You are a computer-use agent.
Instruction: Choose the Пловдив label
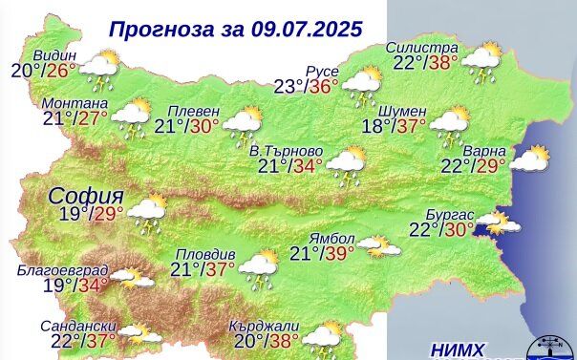[x=204, y=255]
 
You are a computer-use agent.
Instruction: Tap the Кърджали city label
[x=261, y=325]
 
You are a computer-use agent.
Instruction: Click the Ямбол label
[x=332, y=238]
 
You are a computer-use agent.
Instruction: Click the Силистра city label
[x=422, y=48]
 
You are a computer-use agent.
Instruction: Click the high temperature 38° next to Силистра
[x=443, y=63]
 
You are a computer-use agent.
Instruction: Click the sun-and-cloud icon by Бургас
[x=498, y=224]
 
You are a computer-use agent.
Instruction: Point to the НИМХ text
[x=458, y=349]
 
